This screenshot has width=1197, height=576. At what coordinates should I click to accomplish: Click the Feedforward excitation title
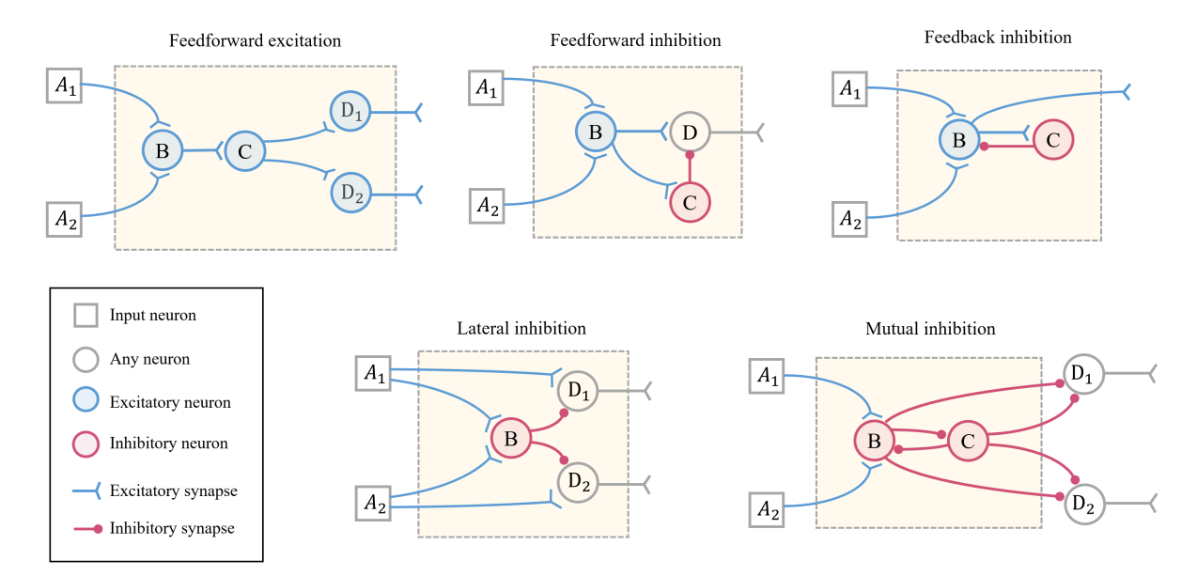[x=255, y=41]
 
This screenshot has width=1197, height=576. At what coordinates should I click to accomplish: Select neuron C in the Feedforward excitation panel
[x=244, y=149]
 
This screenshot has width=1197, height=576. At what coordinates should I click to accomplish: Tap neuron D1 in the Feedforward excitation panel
[x=349, y=112]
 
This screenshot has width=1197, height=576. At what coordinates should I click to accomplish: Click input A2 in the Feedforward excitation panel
[x=66, y=218]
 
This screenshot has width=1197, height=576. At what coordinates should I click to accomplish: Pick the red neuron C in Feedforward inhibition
[x=690, y=202]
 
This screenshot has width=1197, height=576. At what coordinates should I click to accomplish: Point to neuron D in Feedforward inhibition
[x=690, y=132]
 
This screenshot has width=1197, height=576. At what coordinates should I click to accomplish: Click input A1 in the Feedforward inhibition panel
[x=486, y=88]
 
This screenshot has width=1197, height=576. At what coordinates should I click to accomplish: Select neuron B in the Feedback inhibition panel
[x=959, y=141]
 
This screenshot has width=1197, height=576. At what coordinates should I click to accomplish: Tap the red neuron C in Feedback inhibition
[x=1053, y=141]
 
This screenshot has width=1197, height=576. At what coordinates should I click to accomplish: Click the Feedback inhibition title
[x=998, y=38]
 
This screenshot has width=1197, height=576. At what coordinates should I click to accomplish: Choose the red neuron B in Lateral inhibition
[x=511, y=438]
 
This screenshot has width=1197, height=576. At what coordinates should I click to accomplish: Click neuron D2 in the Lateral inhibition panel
[x=577, y=484]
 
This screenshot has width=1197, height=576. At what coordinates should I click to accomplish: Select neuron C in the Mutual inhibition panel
[x=967, y=441]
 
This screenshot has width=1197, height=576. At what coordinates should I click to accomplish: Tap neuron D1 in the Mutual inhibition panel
[x=1082, y=376]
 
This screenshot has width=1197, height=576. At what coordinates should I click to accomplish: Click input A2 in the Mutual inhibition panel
[x=769, y=511]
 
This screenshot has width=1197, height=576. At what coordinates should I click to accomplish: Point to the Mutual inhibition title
[x=930, y=329]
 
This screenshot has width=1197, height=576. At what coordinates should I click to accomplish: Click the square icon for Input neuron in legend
[x=85, y=315]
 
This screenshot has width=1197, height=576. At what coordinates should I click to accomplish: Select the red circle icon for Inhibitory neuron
[x=85, y=444]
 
